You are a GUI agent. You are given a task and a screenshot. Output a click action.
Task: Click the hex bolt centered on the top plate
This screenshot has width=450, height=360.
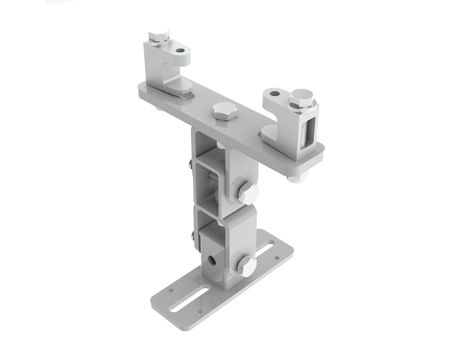[x=224, y=111]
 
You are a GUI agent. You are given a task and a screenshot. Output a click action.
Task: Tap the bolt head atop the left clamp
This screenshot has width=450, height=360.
[x=158, y=35]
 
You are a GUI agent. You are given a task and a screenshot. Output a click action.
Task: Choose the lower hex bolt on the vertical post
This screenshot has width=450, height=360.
[x=246, y=265]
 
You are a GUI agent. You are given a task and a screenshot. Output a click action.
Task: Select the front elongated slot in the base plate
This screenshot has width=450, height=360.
[x=189, y=299]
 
